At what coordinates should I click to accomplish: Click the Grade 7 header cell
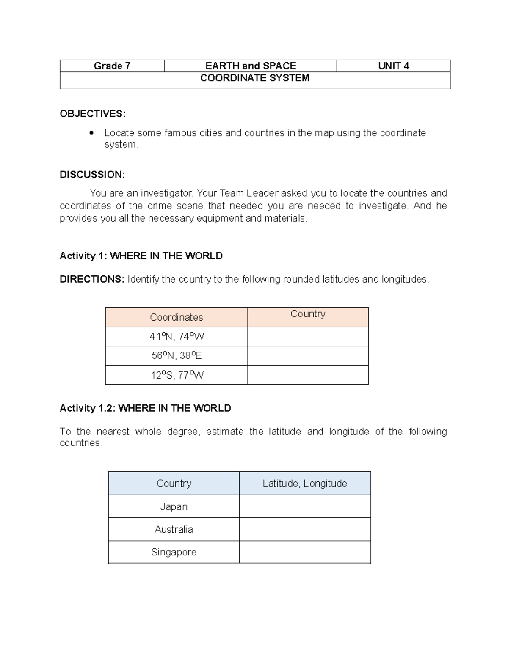[112, 66]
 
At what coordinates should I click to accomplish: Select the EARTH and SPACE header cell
[251, 66]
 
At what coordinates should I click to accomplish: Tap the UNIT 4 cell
[393, 66]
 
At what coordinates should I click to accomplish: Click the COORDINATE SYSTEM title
[255, 78]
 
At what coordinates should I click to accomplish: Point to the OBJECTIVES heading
[92, 114]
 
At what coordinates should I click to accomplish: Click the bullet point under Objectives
[91, 133]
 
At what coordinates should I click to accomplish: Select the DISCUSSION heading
[92, 175]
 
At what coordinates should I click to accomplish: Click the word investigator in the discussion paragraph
[167, 193]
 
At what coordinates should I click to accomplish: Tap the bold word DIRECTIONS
[91, 279]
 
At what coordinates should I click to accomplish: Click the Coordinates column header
[177, 317]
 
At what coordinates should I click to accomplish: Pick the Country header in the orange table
[308, 314]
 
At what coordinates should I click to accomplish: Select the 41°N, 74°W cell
[177, 337]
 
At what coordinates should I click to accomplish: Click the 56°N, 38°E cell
[177, 356]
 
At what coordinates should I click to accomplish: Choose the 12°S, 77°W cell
[177, 375]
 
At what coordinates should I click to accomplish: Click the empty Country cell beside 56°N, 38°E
[308, 356]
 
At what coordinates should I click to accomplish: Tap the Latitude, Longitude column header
[305, 484]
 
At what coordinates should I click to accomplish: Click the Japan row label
[174, 507]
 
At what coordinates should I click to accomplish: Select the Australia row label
[174, 530]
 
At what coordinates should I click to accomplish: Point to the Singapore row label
[174, 553]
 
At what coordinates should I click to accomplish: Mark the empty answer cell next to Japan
[305, 506]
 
